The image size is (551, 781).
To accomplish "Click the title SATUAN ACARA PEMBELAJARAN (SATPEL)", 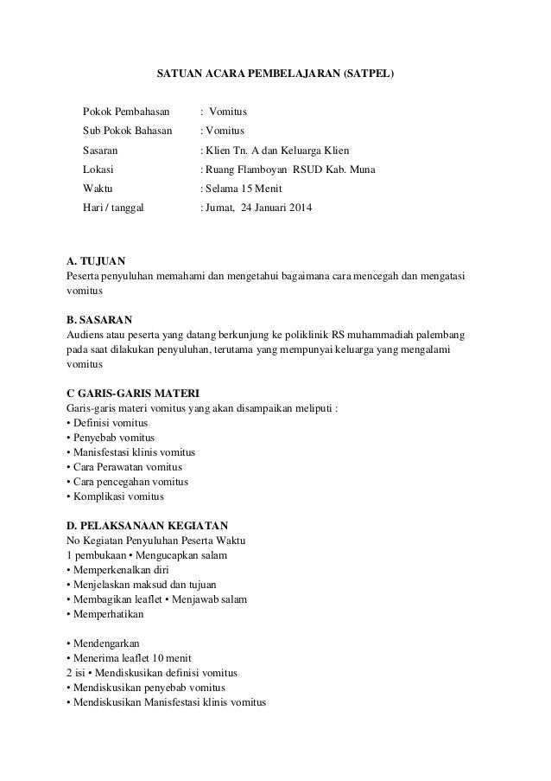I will (x=275, y=74).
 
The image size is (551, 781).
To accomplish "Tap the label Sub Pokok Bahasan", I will (x=127, y=131).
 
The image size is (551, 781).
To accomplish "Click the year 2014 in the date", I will (x=304, y=208).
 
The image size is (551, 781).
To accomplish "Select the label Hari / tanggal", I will (x=113, y=208).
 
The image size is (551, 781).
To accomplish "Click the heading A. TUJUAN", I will (x=96, y=259).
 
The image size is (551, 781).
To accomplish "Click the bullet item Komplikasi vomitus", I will (x=114, y=497).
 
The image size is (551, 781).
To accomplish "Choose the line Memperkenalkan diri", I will (x=117, y=571).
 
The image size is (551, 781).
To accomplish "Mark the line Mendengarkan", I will (x=103, y=643).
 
